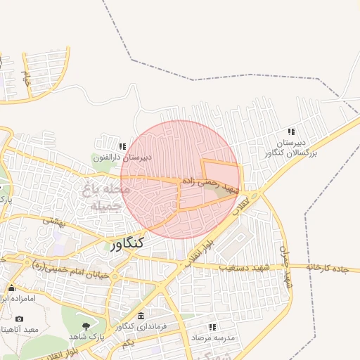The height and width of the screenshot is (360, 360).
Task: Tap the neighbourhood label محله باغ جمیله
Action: tap(105, 198)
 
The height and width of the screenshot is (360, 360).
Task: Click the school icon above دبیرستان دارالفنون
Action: tap(123, 146)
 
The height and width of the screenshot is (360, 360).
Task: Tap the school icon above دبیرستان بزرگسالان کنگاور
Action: tap(291, 131)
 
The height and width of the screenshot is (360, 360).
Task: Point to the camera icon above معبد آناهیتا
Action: tap(19, 319)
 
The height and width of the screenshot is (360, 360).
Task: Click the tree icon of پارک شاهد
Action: tap(86, 326)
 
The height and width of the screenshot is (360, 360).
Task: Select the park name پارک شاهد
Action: tap(86, 337)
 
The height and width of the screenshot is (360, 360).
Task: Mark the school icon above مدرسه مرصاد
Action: tap(212, 327)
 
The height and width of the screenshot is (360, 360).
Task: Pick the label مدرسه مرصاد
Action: tap(212, 339)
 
